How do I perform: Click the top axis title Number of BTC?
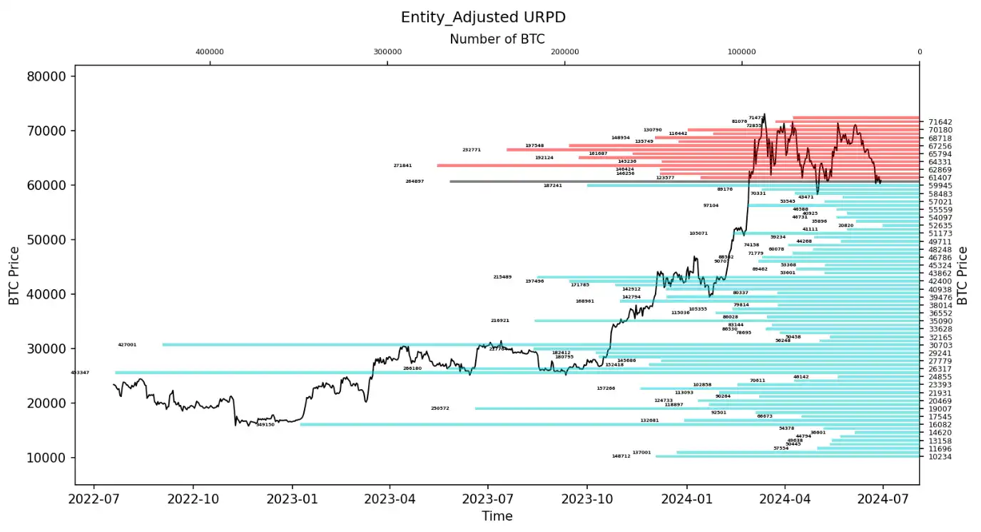[x=497, y=39]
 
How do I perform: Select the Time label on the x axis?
[x=497, y=516]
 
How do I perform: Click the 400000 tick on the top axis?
[x=210, y=52]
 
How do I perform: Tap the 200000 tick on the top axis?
[x=565, y=52]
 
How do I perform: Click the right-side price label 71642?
[x=939, y=123]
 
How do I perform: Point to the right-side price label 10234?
[x=939, y=457]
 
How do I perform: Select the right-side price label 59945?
[x=939, y=186]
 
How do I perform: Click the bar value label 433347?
[x=80, y=373]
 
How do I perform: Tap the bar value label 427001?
[x=127, y=345]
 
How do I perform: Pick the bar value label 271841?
[x=402, y=166]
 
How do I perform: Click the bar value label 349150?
[x=265, y=425]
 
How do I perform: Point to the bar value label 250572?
[x=440, y=408]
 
